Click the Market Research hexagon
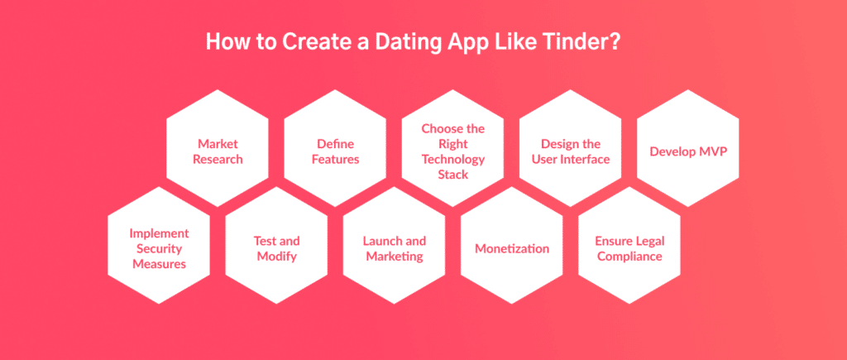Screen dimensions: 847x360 [x=218, y=148]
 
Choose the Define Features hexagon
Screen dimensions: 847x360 [x=336, y=148]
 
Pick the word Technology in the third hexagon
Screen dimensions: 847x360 [x=453, y=160]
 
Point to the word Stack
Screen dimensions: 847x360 [x=453, y=175]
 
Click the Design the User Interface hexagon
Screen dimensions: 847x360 [x=571, y=148]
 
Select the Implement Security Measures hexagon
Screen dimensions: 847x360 [x=159, y=246]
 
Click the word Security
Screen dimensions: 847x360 [x=159, y=248]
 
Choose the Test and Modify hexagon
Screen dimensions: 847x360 [x=276, y=246]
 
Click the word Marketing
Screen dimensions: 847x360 [x=395, y=257]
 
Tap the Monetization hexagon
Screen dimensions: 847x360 [x=512, y=246]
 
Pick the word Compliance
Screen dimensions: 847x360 [x=629, y=257]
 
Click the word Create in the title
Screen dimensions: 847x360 [x=312, y=42]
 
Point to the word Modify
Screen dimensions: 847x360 [x=276, y=257]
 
